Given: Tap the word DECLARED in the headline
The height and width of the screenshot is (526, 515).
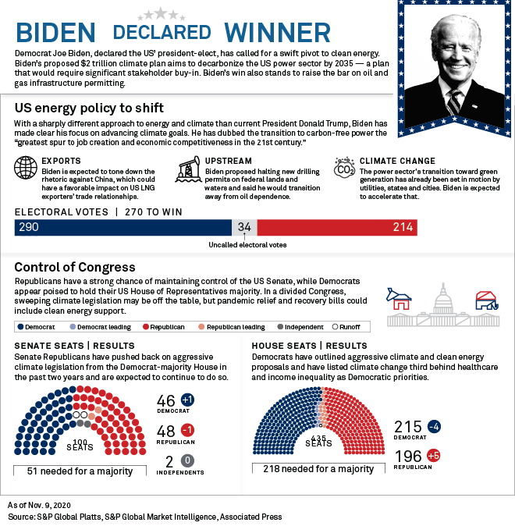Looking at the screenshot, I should pos(162,32).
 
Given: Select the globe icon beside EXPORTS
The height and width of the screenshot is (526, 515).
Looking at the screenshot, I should pos(26,169).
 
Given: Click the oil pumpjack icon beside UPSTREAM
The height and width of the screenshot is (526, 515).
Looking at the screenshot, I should pos(188,169).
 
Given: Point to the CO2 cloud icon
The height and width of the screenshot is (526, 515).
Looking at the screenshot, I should pos(344,168).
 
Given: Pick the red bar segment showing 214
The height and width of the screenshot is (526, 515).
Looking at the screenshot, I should pos(336,227).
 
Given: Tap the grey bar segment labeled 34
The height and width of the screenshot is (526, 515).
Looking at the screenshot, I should pos(244,227).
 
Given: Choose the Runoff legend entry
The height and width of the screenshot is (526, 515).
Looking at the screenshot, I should pos(348,327).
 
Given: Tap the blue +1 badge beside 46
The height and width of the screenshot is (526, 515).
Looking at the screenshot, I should pos(187,400).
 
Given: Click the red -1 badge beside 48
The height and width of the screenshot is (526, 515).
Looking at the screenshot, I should pos(187,430).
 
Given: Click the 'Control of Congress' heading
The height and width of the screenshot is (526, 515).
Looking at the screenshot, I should pos(74,267).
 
